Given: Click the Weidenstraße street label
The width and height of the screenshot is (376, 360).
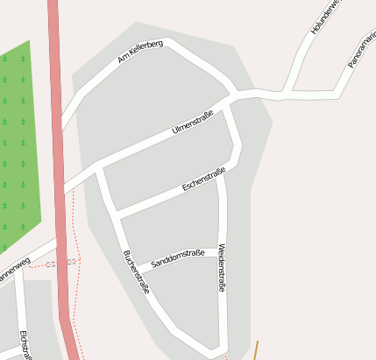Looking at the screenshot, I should [x=222, y=267].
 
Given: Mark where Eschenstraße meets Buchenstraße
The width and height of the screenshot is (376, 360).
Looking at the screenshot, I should [x=117, y=213].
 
